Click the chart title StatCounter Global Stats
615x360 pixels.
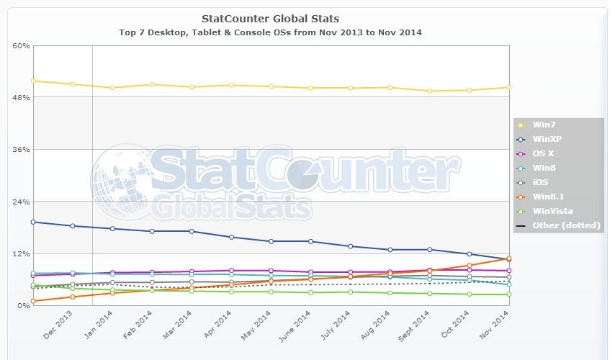271,18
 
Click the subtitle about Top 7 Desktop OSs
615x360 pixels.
271,32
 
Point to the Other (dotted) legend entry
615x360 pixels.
566,225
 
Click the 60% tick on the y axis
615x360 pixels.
21,45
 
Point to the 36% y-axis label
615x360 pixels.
21,150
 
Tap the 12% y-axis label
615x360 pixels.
21,254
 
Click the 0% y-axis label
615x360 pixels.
23,306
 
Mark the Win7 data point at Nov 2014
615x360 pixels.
508,87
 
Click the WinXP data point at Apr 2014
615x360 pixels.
231,237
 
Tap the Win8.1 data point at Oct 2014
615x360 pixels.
469,266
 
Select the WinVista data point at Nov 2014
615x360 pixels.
508,294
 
